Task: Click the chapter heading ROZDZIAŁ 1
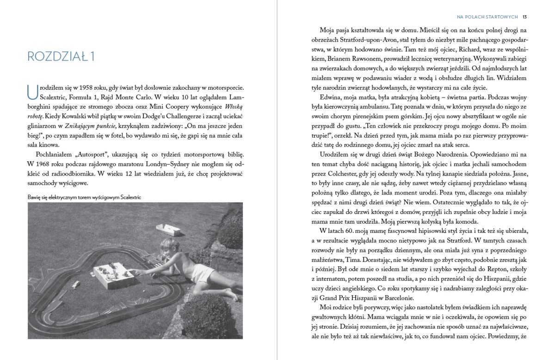(x=61, y=56)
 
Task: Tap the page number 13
(x=525, y=17)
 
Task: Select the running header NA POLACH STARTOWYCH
(x=487, y=17)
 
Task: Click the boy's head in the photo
(x=168, y=246)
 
